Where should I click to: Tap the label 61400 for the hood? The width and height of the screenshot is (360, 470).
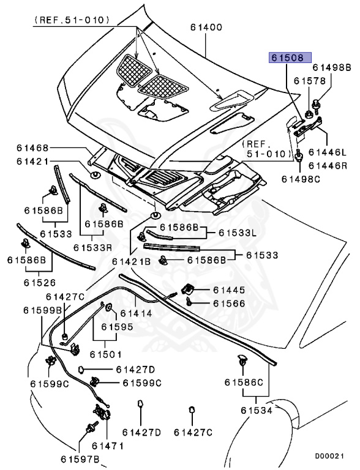tap(206, 28)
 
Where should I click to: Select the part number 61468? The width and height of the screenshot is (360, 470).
tap(32, 147)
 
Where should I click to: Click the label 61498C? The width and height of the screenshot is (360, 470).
tap(301, 179)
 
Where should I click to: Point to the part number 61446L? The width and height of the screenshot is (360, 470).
tap(328, 152)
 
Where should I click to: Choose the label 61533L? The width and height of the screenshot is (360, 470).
tap(238, 233)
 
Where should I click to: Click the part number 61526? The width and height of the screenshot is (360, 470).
tap(40, 282)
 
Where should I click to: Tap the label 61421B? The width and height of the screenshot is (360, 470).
tap(131, 261)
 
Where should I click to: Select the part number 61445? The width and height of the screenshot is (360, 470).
tap(229, 290)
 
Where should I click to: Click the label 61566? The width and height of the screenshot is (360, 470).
tap(229, 304)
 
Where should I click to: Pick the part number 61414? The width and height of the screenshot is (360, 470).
tap(136, 313)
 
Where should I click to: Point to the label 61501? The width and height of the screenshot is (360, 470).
tap(106, 354)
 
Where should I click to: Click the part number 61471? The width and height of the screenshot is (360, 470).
tap(108, 446)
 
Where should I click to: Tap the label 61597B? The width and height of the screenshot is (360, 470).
tap(80, 459)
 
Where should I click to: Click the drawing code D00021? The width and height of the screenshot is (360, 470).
tap(329, 456)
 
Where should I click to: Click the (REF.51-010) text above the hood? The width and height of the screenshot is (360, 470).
tap(72, 20)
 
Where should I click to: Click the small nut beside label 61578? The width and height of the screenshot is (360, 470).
tap(308, 114)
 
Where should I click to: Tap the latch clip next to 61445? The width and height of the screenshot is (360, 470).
tap(187, 289)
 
